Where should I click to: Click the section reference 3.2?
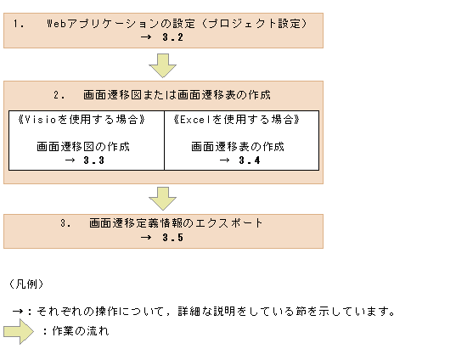coord(172,37)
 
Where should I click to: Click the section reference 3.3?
coord(93,160)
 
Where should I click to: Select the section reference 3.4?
coord(249,160)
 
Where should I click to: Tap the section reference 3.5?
coord(172,238)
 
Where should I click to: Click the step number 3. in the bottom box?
coord(65,223)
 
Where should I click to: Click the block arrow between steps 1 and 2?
coord(162,65)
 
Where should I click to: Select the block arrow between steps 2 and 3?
coord(162,198)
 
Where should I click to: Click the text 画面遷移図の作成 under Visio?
coord(83,146)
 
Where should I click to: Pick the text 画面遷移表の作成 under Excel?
coord(238,146)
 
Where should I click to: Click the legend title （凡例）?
coord(25,283)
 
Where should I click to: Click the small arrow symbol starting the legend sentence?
coord(18,311)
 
